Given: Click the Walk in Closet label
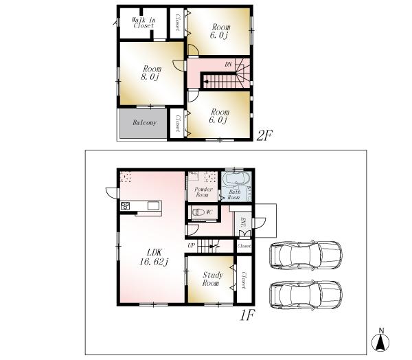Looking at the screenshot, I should tap(144, 22).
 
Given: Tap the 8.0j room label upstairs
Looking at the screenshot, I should tap(151, 72).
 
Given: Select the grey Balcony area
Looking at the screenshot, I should tap(141, 123).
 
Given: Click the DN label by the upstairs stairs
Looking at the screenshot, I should tap(229, 65).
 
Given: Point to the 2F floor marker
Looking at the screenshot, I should tap(266, 135).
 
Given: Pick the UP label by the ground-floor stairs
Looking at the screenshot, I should tap(192, 245).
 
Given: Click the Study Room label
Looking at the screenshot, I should tap(211, 279).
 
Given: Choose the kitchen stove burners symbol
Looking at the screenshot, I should tap(126, 206).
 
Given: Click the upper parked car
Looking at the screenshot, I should tap(306, 255).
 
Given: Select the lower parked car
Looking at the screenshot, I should tap(306, 294).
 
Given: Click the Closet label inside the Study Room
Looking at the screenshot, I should tap(244, 280).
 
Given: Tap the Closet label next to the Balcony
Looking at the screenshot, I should tap(176, 124).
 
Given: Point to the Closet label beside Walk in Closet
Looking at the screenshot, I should tap(176, 23).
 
